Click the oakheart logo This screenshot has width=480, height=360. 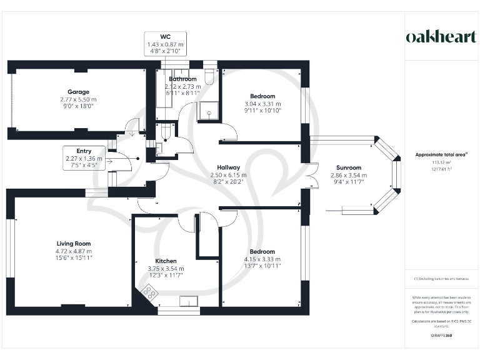[x=441, y=36]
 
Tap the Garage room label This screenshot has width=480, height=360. [x=79, y=92]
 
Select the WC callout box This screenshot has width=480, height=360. [x=165, y=44]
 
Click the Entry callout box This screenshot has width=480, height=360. [x=84, y=159]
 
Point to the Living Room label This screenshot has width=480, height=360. [x=73, y=243]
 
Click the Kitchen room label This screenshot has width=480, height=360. [x=166, y=261]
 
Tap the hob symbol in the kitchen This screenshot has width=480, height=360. [x=150, y=291]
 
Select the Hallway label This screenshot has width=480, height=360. [x=228, y=167]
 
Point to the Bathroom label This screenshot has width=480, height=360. [x=182, y=79]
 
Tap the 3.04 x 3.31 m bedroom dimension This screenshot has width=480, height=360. [x=262, y=104]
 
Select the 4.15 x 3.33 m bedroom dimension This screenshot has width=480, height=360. [x=262, y=259]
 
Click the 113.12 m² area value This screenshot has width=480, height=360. [x=441, y=161]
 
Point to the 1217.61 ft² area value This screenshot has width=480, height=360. [x=441, y=168]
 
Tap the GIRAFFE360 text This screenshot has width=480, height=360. [x=441, y=336]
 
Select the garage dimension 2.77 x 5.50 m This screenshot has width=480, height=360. [x=79, y=99]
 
